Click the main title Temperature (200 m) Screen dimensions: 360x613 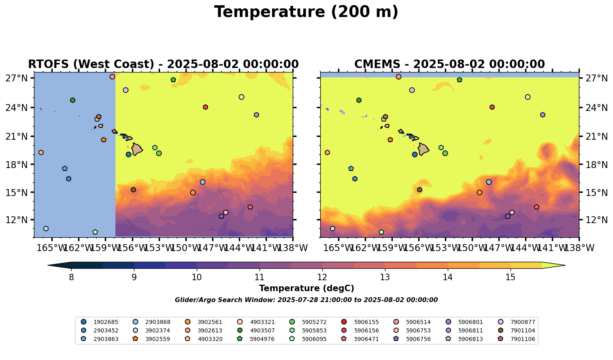306,12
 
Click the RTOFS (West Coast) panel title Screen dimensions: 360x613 163,64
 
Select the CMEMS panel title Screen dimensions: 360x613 449,64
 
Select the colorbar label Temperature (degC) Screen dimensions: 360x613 306,288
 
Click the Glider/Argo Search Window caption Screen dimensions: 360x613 306,300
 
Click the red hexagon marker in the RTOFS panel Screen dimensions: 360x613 205,107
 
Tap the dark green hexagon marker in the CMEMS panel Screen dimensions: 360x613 359,100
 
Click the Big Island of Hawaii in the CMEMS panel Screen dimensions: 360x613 423,149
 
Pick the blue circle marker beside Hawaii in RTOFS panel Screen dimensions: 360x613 128,154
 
